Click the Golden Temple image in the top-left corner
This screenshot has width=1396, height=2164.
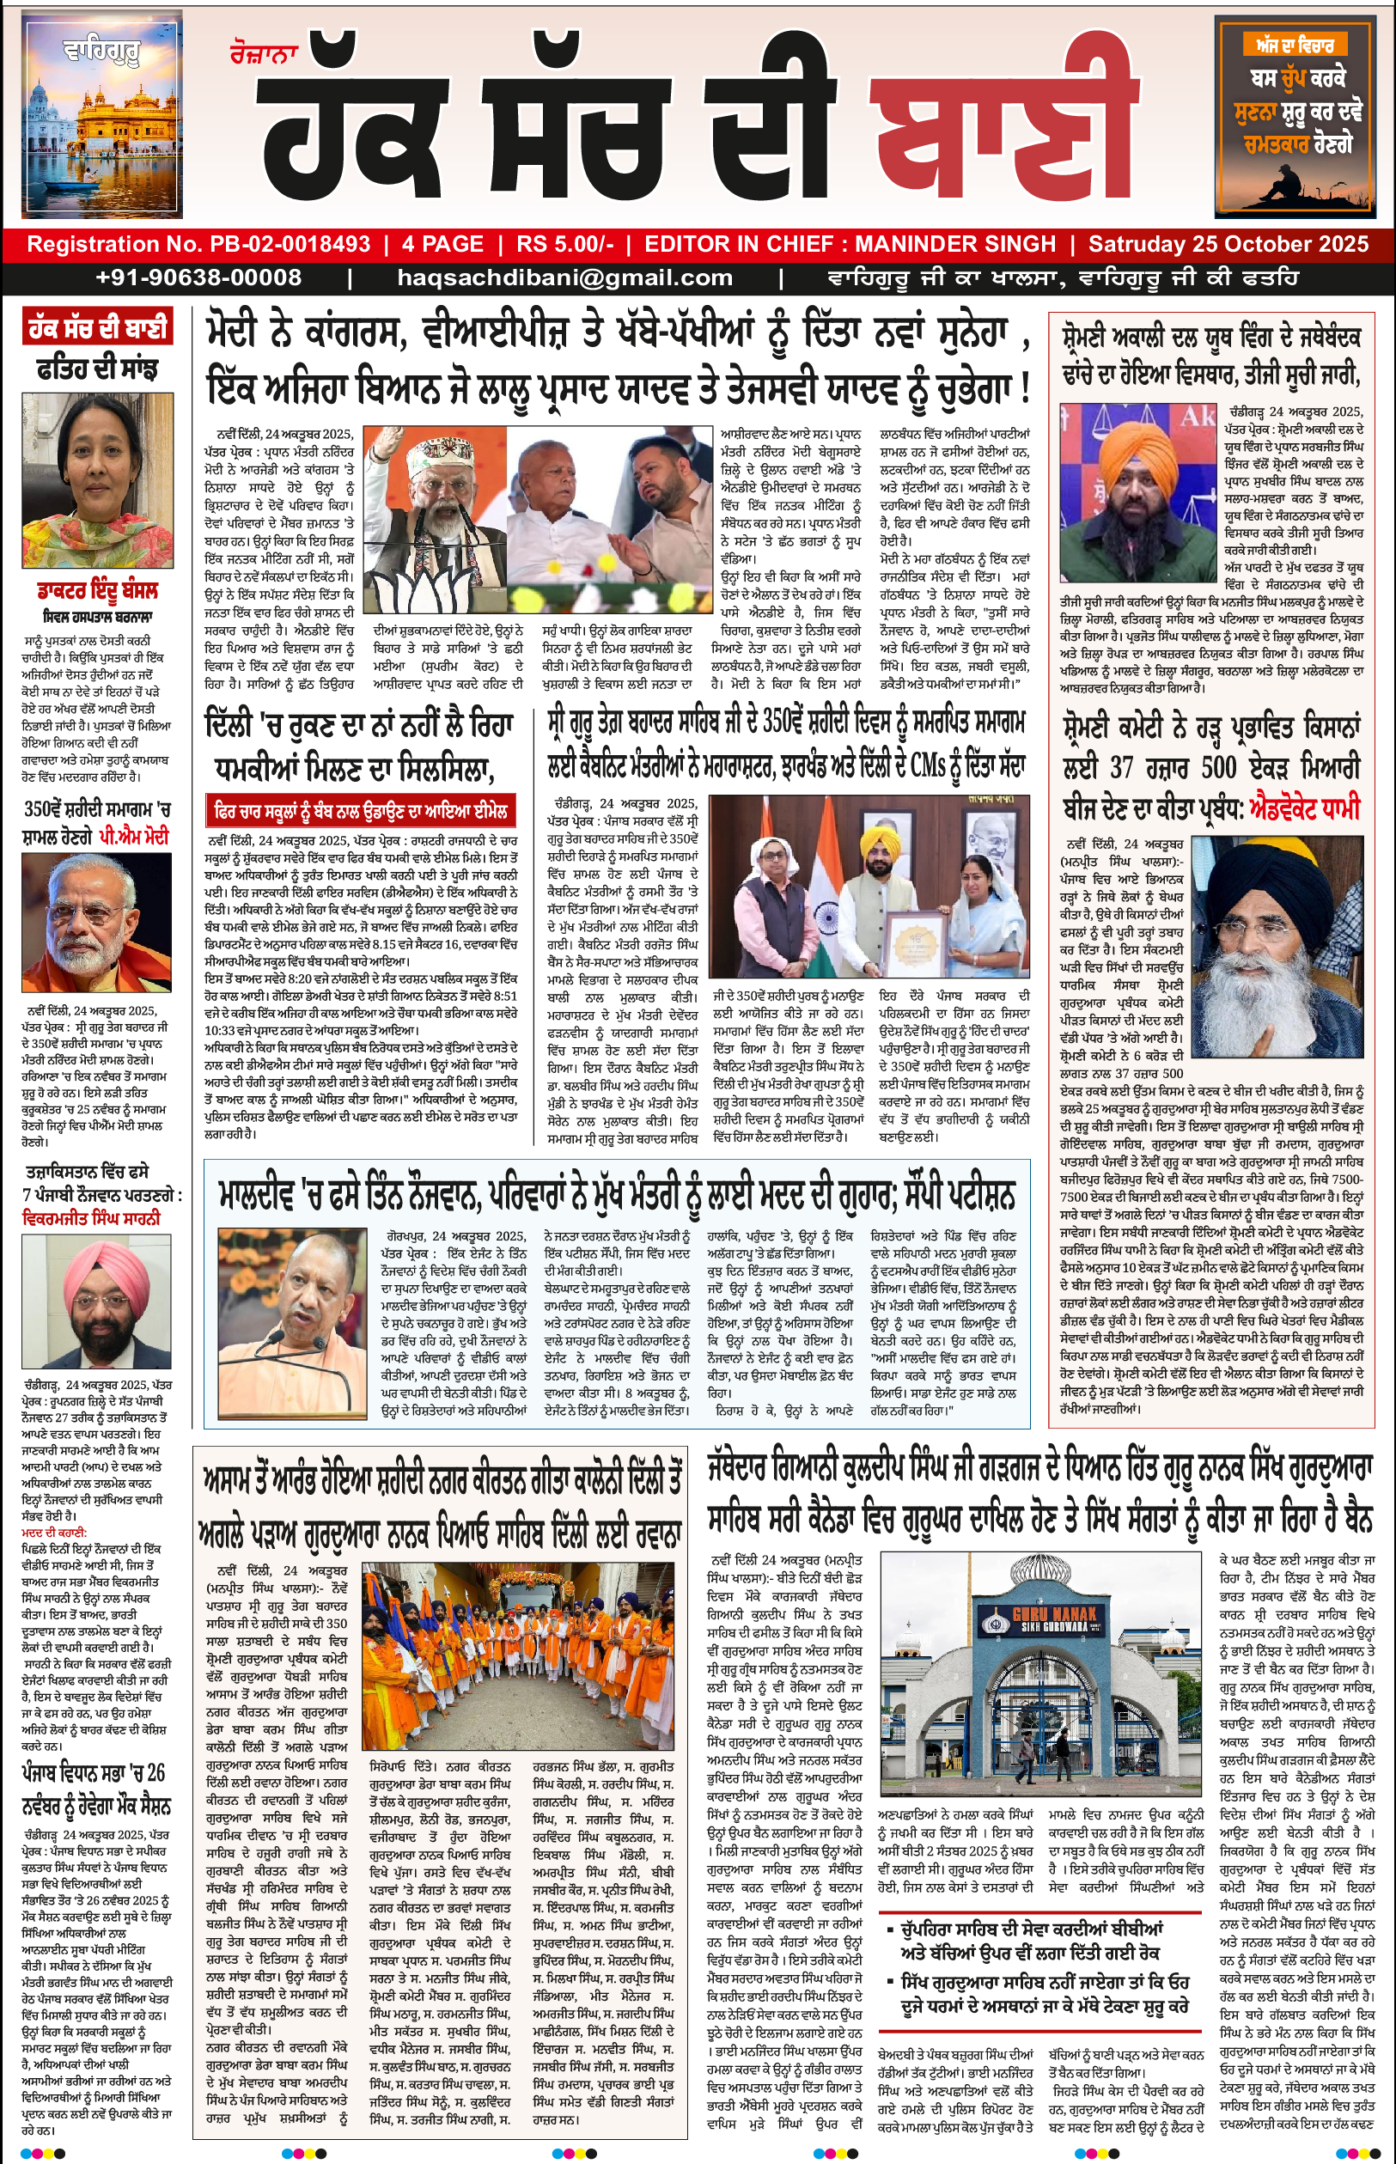(x=101, y=115)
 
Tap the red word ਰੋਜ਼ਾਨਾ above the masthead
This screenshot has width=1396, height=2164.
(x=264, y=55)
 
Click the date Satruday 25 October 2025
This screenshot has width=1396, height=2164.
(x=1228, y=245)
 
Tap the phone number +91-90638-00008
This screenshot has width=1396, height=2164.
(x=198, y=278)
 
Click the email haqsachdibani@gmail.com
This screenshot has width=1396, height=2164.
(x=564, y=278)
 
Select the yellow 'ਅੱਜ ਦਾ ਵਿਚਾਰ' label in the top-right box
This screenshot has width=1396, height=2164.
(x=1294, y=45)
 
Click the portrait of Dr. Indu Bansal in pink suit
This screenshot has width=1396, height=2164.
(x=97, y=479)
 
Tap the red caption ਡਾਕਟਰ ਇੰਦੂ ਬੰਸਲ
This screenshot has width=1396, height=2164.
(x=97, y=592)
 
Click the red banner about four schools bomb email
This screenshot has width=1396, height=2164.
(x=362, y=810)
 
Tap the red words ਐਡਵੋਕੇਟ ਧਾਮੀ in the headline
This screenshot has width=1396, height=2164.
(x=1304, y=807)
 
